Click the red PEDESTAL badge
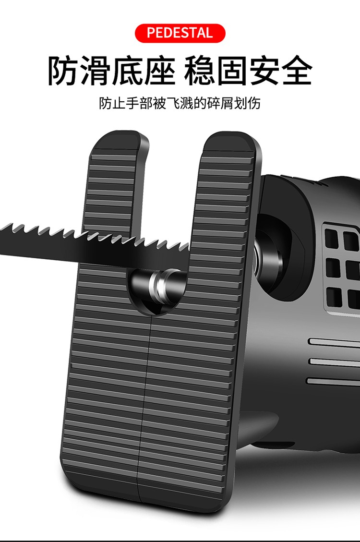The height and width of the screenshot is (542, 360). pyautogui.click(x=180, y=33)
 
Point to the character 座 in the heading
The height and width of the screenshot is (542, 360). pyautogui.click(x=159, y=71)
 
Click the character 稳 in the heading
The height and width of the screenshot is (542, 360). pyautogui.click(x=201, y=71)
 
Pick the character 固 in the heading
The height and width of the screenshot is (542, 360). pyautogui.click(x=233, y=71)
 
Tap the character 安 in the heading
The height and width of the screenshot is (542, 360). pyautogui.click(x=265, y=71)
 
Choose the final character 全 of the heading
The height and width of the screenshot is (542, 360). pyautogui.click(x=297, y=71)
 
